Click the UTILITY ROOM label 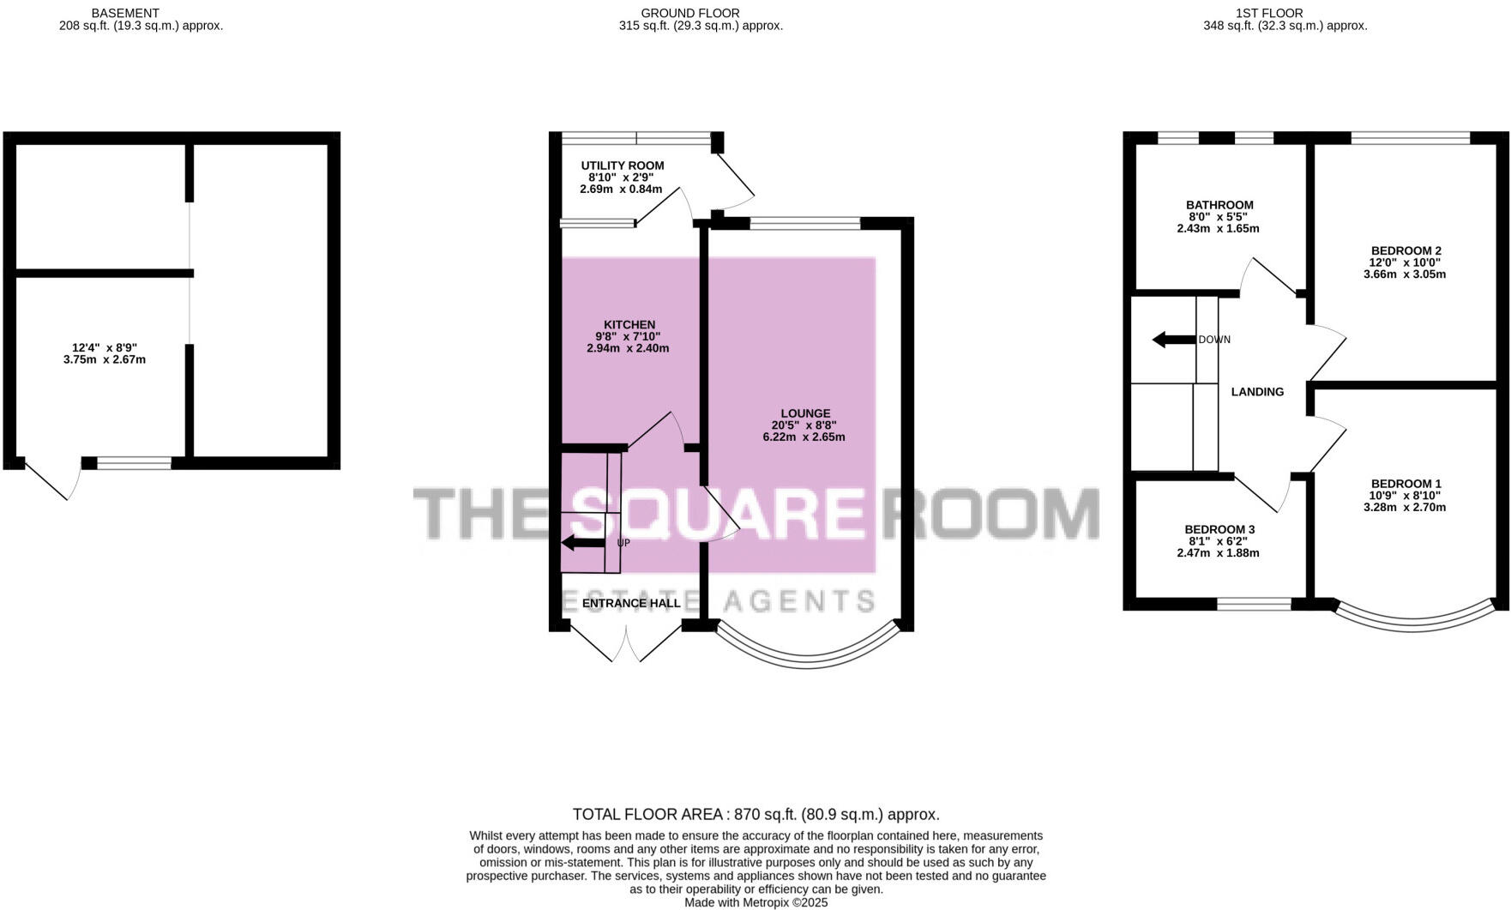point(622,166)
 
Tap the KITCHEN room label point(629,324)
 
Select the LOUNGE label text point(805,413)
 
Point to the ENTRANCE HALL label point(631,603)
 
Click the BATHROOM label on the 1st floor point(1219,205)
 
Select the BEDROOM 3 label point(1219,529)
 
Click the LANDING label point(1257,392)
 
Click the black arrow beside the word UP point(582,543)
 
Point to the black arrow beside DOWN point(1172,340)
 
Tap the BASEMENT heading point(125,13)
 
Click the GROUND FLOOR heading point(689,13)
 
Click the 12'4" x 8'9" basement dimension point(105,347)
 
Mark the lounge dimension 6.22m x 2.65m point(804,437)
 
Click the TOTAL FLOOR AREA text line point(755,814)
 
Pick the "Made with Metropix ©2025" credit point(755,902)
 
